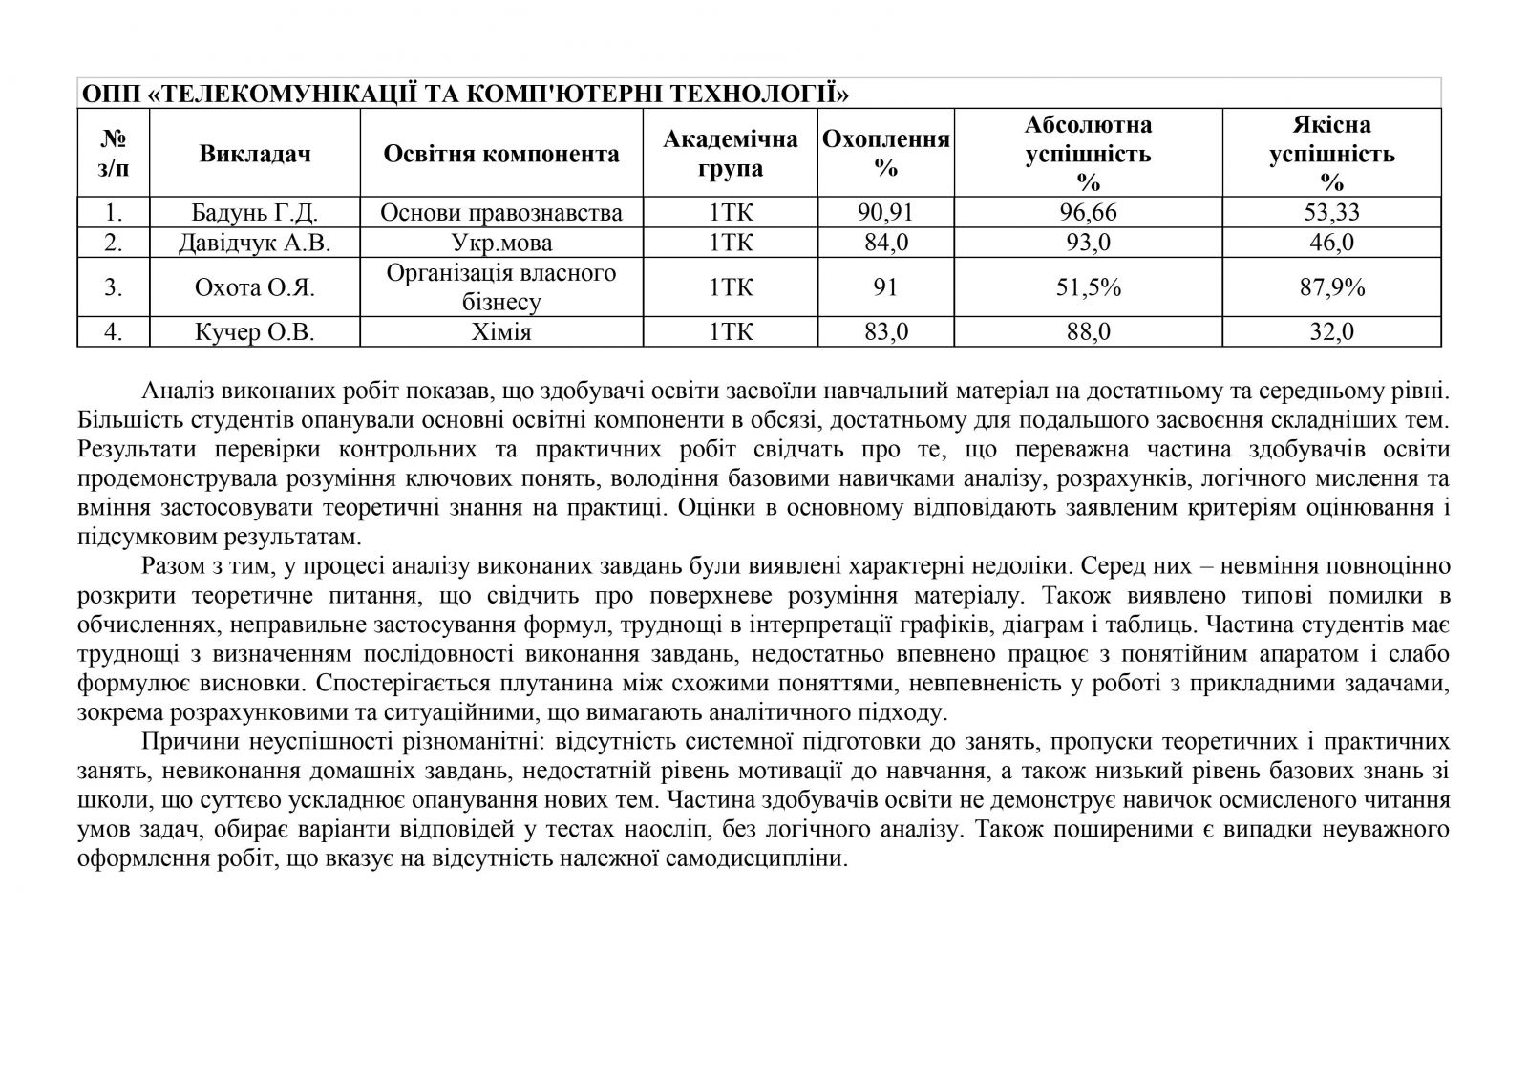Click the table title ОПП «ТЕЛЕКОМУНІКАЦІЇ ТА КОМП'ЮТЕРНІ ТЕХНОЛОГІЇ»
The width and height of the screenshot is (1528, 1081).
tap(465, 94)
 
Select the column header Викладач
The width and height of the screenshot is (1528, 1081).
tap(255, 153)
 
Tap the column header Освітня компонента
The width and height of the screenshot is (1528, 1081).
tap(501, 153)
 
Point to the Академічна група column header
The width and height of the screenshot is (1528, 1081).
tap(731, 153)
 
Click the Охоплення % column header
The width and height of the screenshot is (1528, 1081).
tap(886, 153)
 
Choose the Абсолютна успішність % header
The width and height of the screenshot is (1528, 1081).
tap(1088, 153)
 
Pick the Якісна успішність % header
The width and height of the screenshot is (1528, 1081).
tap(1331, 153)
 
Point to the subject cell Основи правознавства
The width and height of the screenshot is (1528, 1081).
tap(501, 212)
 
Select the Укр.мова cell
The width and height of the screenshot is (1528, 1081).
tap(501, 243)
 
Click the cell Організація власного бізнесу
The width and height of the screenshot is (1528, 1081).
tap(501, 287)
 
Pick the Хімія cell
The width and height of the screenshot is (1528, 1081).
tap(501, 331)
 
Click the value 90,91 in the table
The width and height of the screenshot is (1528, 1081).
tap(886, 212)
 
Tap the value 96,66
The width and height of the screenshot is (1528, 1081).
tap(1088, 212)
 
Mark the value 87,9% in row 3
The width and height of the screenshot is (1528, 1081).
tap(1331, 286)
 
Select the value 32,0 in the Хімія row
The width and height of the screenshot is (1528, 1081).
tap(1331, 331)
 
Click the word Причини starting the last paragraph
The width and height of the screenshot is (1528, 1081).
tap(185, 741)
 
